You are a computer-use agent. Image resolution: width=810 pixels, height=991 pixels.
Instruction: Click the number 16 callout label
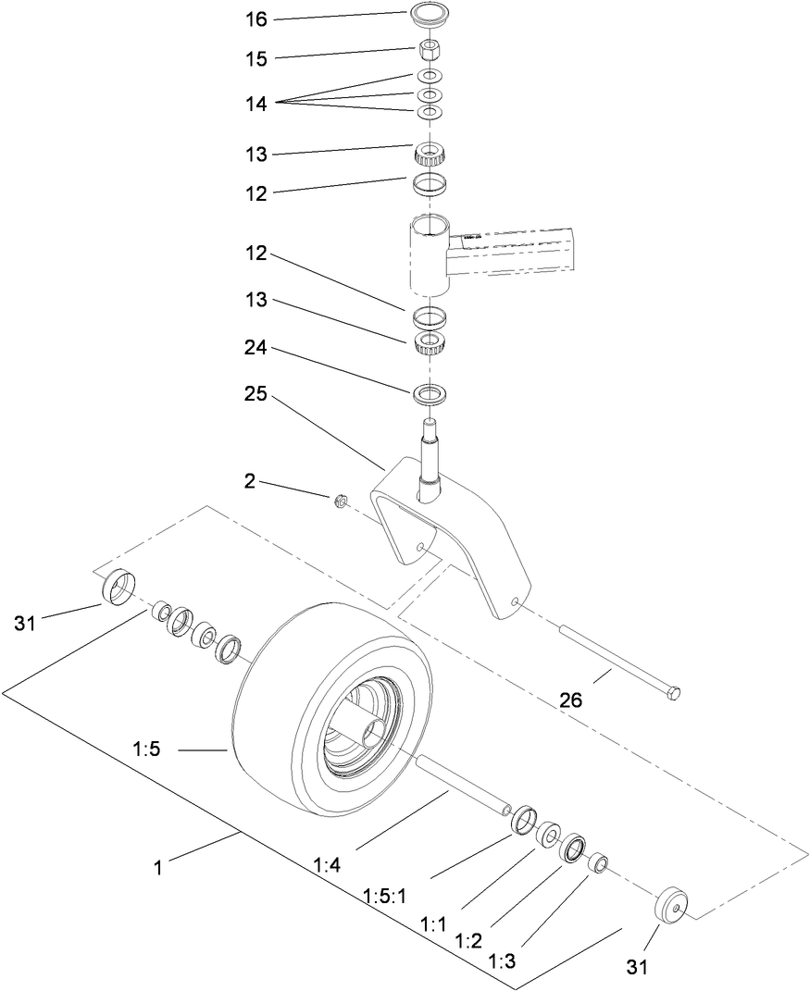255,18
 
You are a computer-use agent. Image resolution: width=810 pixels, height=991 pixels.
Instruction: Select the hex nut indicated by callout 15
429,47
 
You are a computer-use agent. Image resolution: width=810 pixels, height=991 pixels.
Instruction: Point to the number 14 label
255,105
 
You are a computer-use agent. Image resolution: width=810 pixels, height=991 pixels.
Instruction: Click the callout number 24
255,350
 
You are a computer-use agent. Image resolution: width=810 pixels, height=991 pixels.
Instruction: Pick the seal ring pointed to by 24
428,393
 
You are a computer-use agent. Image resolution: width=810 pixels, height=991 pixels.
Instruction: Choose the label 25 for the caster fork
255,394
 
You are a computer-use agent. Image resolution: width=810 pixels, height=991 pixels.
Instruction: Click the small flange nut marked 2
340,502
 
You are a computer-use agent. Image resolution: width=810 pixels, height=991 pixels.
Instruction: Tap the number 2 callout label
250,482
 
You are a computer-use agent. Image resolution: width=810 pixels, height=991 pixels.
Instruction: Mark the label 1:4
327,865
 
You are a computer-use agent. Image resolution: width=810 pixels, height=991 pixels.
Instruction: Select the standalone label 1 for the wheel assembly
158,868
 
